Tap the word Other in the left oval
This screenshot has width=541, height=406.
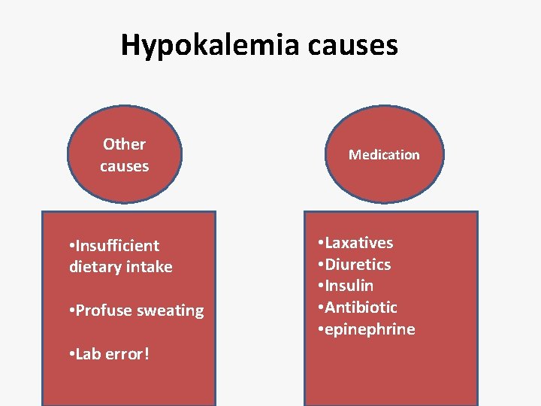click(x=124, y=144)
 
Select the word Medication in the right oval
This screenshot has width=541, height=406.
click(x=384, y=155)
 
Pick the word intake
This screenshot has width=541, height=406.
click(x=150, y=267)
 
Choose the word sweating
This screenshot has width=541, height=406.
click(x=169, y=311)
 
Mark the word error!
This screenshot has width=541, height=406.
click(x=127, y=353)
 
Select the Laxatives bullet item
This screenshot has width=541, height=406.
click(x=358, y=243)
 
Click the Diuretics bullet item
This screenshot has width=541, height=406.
click(x=358, y=265)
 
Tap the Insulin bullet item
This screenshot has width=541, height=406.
click(x=349, y=286)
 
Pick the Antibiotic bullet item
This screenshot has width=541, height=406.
click(x=361, y=308)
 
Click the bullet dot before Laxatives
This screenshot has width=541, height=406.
click(x=321, y=244)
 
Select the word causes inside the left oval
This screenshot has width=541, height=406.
click(x=124, y=166)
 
